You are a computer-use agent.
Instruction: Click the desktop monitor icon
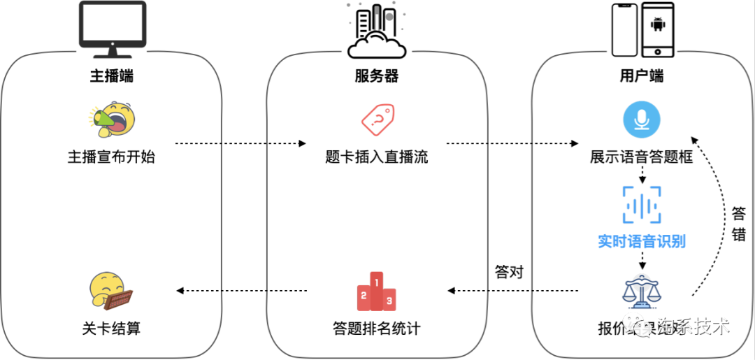click(111, 30)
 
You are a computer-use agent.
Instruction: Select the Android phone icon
click(657, 29)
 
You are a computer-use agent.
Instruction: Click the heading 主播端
click(111, 76)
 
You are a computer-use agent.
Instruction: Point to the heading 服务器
click(377, 76)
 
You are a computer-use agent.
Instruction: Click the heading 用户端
click(641, 76)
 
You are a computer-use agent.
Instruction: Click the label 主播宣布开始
click(111, 157)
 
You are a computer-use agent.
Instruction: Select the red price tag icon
click(377, 120)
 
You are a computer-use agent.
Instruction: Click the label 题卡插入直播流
click(377, 157)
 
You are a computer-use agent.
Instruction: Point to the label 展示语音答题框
click(641, 157)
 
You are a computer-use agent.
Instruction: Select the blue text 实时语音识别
click(641, 242)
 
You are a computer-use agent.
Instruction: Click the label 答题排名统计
click(377, 327)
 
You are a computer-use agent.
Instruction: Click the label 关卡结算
click(111, 327)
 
